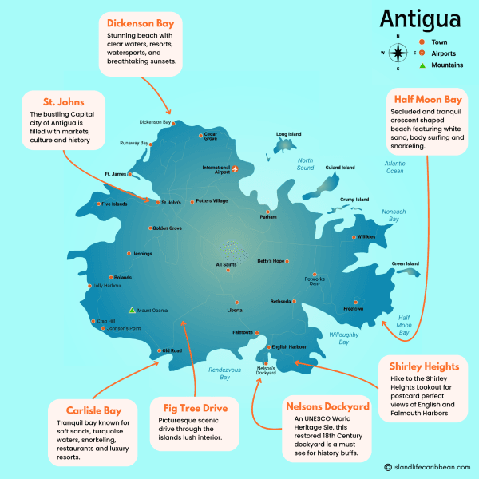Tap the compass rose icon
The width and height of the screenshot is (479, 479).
(397, 53)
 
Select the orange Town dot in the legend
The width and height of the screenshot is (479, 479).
(422, 42)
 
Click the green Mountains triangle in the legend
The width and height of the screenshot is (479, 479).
(422, 65)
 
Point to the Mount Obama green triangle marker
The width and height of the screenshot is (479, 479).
(132, 310)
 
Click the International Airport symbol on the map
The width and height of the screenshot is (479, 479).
(235, 168)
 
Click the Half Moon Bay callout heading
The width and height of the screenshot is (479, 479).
(427, 99)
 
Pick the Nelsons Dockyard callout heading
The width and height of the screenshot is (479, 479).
(327, 406)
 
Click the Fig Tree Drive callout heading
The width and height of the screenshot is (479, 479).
(196, 408)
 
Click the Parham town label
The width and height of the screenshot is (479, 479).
(268, 217)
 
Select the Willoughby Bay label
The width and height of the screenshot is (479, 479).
(344, 338)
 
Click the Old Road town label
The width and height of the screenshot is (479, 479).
(172, 350)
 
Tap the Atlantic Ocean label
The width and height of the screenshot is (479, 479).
(394, 167)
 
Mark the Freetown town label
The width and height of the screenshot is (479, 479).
(354, 308)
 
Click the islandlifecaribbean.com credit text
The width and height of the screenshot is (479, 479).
(428, 468)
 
